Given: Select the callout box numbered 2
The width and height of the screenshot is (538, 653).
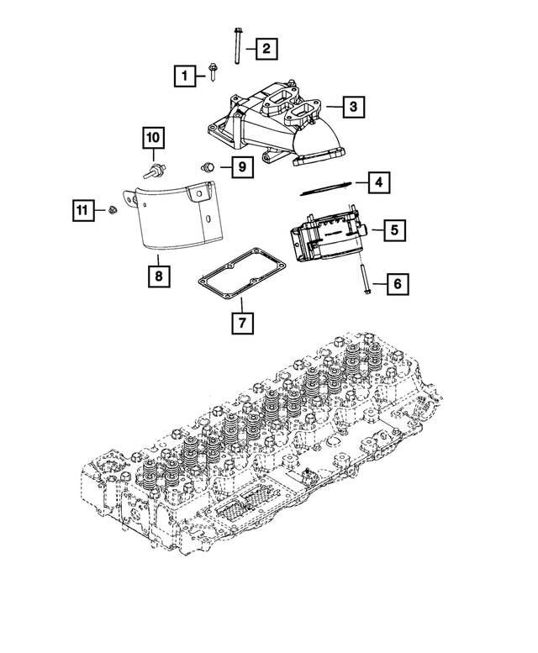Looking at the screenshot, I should click(x=265, y=50).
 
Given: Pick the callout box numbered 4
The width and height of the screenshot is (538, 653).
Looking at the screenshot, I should click(x=379, y=182).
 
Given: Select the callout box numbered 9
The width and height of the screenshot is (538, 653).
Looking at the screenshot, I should click(x=240, y=167).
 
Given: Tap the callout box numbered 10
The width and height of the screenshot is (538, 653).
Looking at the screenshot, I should click(x=153, y=136).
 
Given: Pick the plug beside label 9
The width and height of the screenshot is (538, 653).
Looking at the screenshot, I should click(x=210, y=166).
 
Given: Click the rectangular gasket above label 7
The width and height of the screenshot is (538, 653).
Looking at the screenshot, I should click(x=240, y=275).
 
